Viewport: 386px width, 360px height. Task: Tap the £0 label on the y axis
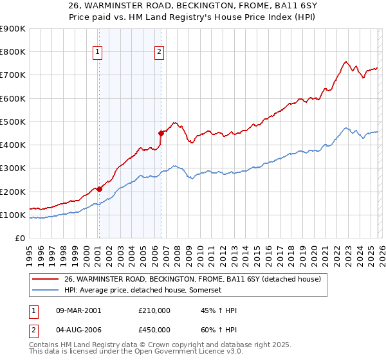(19, 238)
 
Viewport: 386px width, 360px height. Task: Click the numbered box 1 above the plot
(98, 53)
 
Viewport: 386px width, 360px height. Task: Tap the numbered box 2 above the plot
(160, 53)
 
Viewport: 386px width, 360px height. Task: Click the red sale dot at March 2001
(99, 189)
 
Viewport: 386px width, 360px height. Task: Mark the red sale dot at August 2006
(161, 133)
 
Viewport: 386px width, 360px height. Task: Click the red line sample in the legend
(46, 279)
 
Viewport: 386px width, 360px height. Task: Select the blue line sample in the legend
(46, 290)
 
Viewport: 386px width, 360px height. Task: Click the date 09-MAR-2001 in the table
(78, 310)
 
